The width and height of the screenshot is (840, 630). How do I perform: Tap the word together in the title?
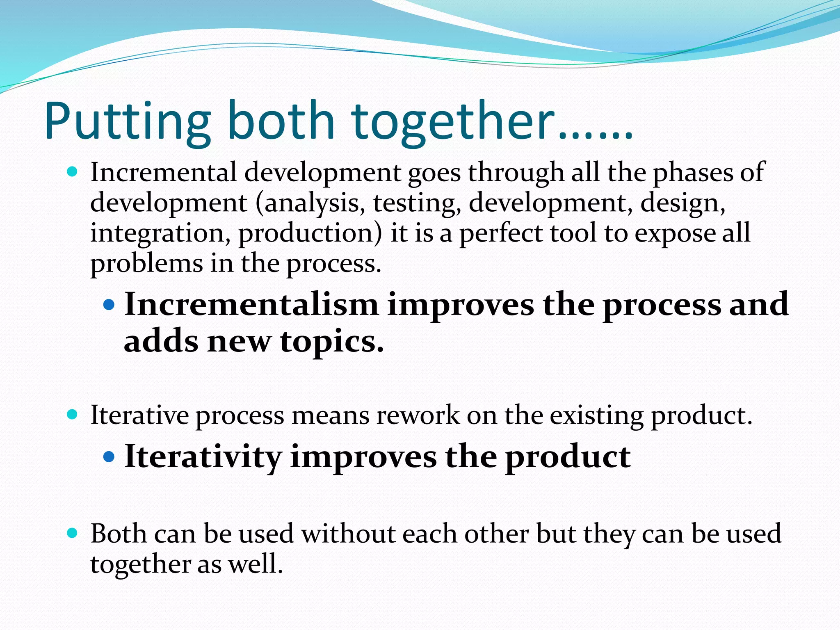tap(451, 122)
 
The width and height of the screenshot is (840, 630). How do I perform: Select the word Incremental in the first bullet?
tap(163, 172)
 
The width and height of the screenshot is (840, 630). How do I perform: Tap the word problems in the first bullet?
tap(146, 263)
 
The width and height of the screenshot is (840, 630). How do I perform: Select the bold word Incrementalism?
tap(251, 305)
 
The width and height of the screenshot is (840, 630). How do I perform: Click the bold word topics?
tap(331, 342)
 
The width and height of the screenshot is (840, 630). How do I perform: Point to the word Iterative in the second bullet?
tap(139, 415)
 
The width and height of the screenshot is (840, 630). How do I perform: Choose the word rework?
tap(418, 415)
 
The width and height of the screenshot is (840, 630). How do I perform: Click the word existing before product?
tap(596, 415)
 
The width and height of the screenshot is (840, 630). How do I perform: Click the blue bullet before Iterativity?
tap(109, 457)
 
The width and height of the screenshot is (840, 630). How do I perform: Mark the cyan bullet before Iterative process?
tap(72, 414)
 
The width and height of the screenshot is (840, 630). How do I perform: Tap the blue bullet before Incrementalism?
tap(109, 304)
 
